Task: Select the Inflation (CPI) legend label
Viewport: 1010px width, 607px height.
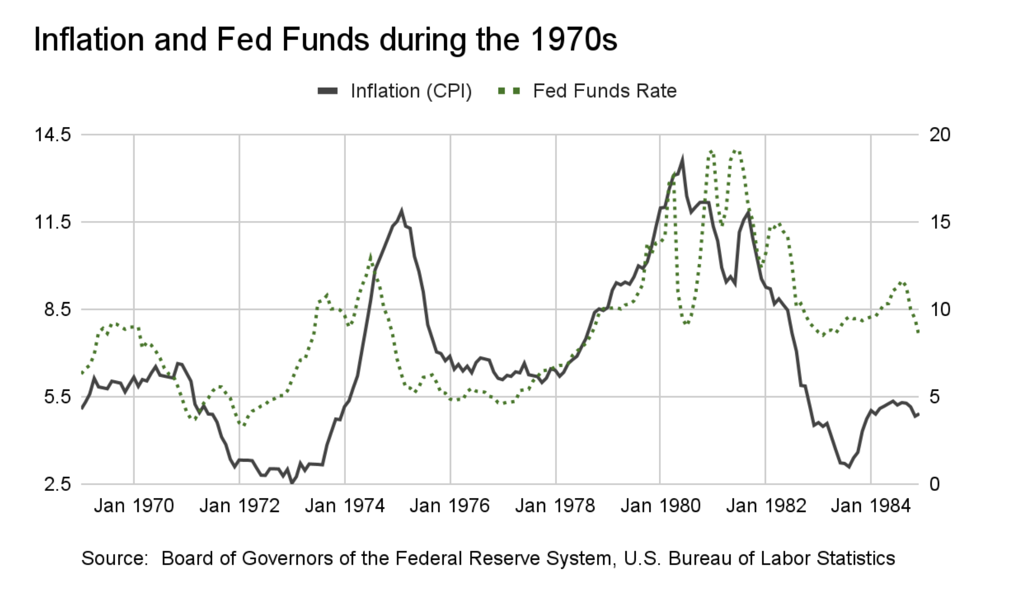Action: point(411,91)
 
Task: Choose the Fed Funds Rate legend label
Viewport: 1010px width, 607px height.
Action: point(605,91)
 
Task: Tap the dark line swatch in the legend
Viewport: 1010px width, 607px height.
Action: point(328,91)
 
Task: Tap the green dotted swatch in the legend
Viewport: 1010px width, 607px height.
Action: point(509,91)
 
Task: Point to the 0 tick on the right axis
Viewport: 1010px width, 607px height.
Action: point(934,484)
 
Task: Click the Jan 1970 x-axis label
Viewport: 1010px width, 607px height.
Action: point(134,506)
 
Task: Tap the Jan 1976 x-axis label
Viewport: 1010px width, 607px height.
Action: point(450,506)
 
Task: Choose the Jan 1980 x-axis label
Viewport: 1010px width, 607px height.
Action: point(660,506)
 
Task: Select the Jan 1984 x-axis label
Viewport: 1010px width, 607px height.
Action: point(871,506)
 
